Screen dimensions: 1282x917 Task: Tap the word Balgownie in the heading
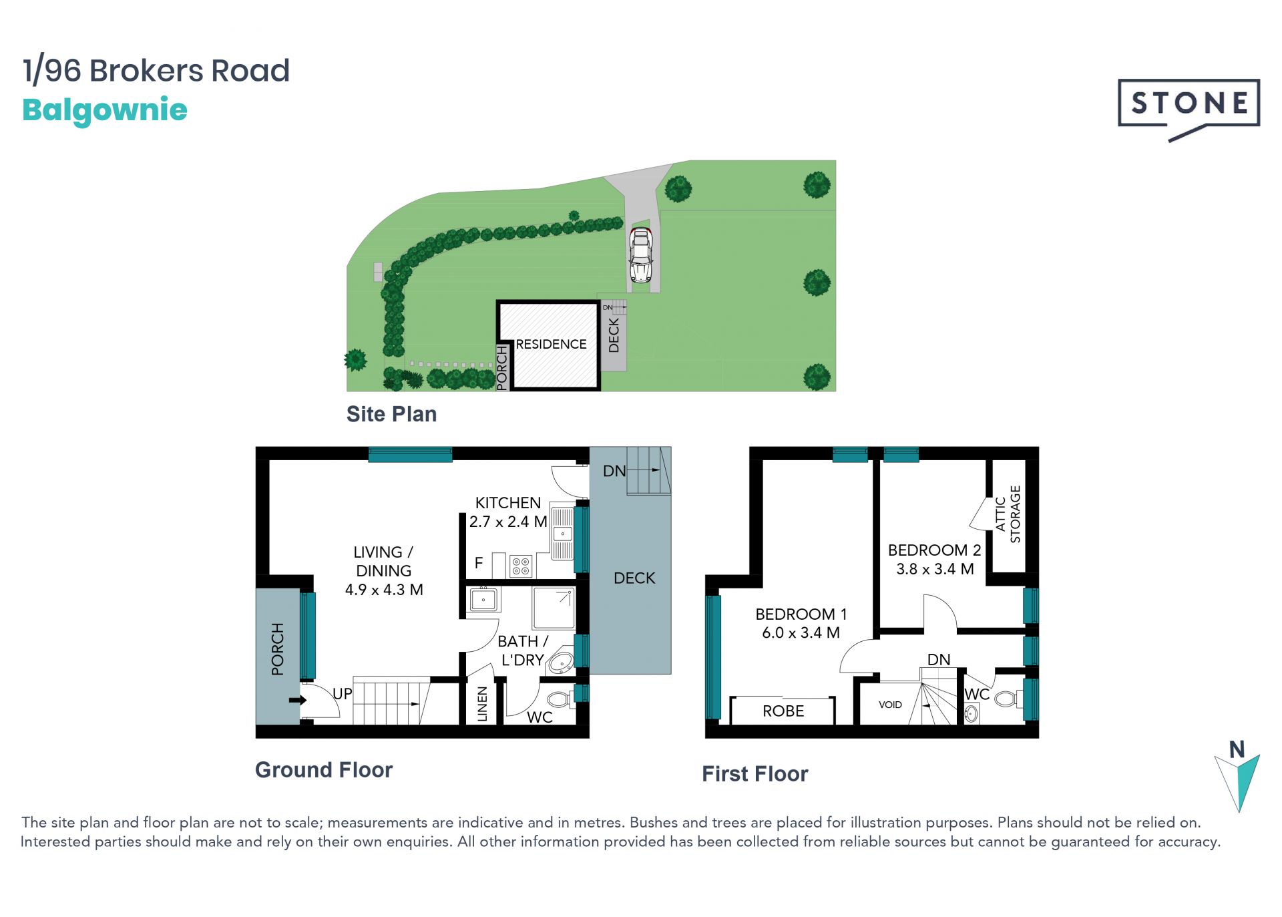coord(105,110)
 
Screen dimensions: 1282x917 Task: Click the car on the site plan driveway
coord(640,254)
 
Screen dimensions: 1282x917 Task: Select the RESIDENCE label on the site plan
coord(551,344)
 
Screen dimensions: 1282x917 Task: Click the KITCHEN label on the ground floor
coord(508,503)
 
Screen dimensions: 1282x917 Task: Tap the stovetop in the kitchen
coord(521,566)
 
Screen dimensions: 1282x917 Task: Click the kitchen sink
coord(562,532)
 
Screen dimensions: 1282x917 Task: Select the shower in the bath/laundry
coord(554,608)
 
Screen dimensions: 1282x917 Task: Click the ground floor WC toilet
coord(560,700)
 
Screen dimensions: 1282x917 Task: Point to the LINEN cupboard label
coord(482,704)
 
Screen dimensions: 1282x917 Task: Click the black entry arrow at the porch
coord(298,700)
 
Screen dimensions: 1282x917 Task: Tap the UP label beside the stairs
coord(343,693)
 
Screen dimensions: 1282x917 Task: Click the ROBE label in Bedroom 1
coord(783,711)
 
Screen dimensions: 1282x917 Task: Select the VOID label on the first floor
coord(890,705)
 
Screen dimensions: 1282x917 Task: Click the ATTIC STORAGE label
coord(1008,514)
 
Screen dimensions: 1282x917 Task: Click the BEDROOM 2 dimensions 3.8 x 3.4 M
coord(935,569)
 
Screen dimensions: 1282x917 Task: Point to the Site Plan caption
coord(391,414)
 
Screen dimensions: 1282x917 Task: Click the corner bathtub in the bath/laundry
coord(561,663)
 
